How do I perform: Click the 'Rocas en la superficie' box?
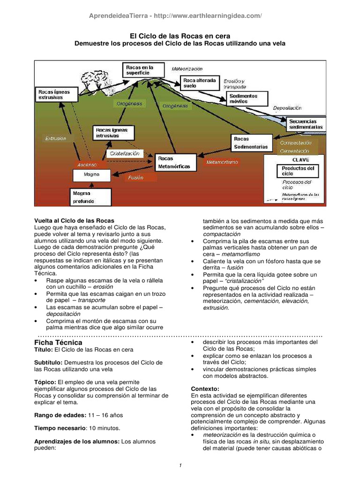pyautogui.click(x=143, y=70)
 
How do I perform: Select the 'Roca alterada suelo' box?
pyautogui.click(x=200, y=83)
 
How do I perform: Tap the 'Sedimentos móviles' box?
pyautogui.click(x=248, y=98)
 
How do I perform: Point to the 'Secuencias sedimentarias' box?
pyautogui.click(x=306, y=124)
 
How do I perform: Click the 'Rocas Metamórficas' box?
pyautogui.click(x=174, y=163)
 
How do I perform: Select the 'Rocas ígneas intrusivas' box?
pyautogui.click(x=113, y=132)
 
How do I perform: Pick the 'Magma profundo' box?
pyautogui.click(x=91, y=197)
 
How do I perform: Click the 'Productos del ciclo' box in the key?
pyautogui.click(x=298, y=171)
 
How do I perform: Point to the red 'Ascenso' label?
pyautogui.click(x=87, y=165)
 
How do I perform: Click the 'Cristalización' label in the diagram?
pyautogui.click(x=125, y=153)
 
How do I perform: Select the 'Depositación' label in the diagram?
pyautogui.click(x=287, y=108)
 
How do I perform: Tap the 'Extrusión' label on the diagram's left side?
pyautogui.click(x=56, y=138)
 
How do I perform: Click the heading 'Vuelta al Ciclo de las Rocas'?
pyautogui.click(x=75, y=220)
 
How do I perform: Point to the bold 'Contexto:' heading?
pyautogui.click(x=205, y=389)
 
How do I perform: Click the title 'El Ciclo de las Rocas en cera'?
pyautogui.click(x=180, y=36)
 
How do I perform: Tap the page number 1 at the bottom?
pyautogui.click(x=180, y=465)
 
